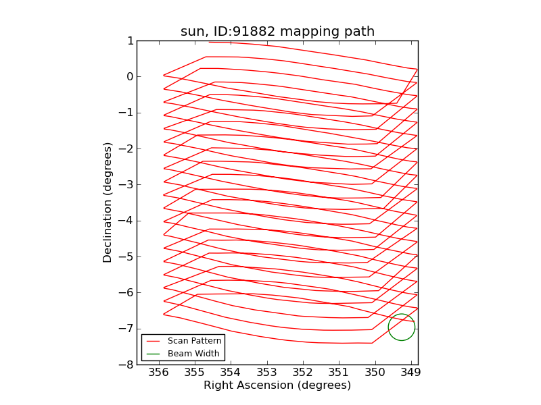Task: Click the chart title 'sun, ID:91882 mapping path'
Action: pos(277,32)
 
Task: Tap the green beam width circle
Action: pos(401,327)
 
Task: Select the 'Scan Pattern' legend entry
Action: pos(194,341)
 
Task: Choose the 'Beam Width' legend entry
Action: pos(193,353)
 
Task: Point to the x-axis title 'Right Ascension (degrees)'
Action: pos(277,385)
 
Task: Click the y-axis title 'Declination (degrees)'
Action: pos(108,202)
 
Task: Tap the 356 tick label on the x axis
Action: pos(158,373)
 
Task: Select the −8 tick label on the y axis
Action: pos(126,364)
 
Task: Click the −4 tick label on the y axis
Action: pos(126,221)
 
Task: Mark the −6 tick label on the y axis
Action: pos(126,293)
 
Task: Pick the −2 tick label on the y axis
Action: pos(126,148)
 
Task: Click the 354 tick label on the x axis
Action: pos(231,373)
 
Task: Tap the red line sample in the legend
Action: pos(153,341)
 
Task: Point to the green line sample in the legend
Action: pos(153,353)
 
